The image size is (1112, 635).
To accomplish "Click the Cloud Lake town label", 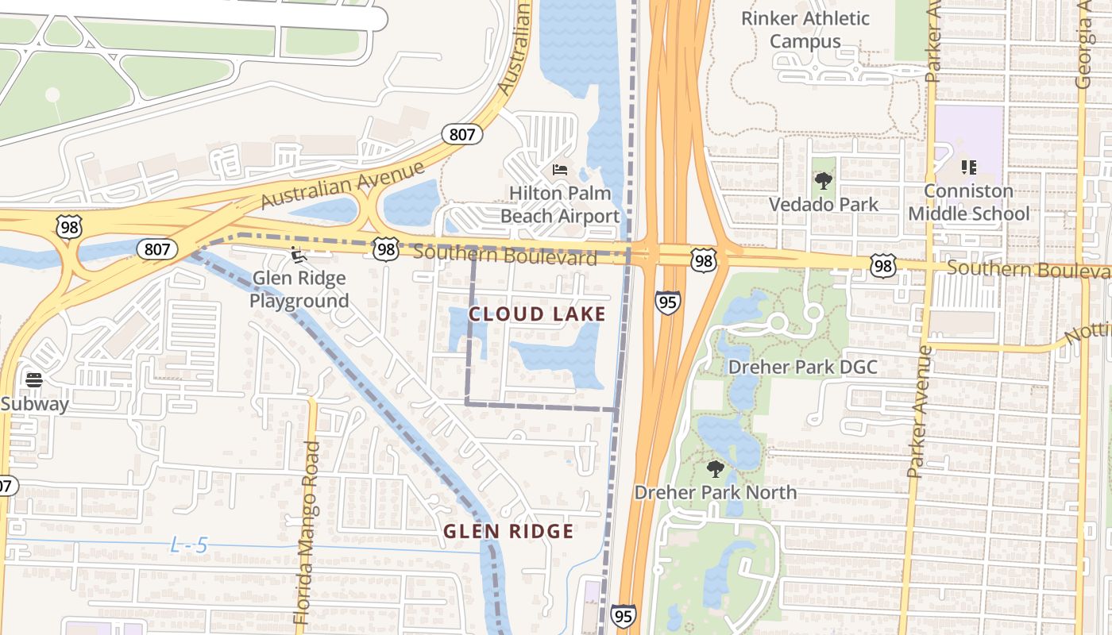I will pos(537,314).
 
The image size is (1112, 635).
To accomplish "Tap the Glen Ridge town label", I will pos(508,531).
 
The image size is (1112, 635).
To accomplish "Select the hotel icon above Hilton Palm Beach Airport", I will pos(560,170).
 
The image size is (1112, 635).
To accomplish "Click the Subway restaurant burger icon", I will pos(33,380).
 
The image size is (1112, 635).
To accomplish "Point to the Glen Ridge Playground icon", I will pos(299,256).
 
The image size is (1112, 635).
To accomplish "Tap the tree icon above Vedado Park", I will pos(824,181).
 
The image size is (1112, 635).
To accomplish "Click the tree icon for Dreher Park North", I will pos(715,469).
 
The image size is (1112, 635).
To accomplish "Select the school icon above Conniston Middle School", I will pos(968,167).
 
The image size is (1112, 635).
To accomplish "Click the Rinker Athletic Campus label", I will pos(805,29).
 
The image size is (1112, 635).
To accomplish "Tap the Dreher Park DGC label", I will pos(802,367).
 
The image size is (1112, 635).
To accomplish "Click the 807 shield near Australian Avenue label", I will pos(461,133).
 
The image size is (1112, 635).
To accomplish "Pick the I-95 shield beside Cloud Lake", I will pos(667,302).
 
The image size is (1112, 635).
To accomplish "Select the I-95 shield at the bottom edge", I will pos(623,615).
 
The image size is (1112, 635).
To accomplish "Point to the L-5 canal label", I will pos(189,545).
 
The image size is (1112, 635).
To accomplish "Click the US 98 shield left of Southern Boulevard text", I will pos(386,250).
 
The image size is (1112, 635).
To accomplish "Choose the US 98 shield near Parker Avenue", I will pos(882,265).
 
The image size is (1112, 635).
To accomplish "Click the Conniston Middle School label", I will pos(968,202).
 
